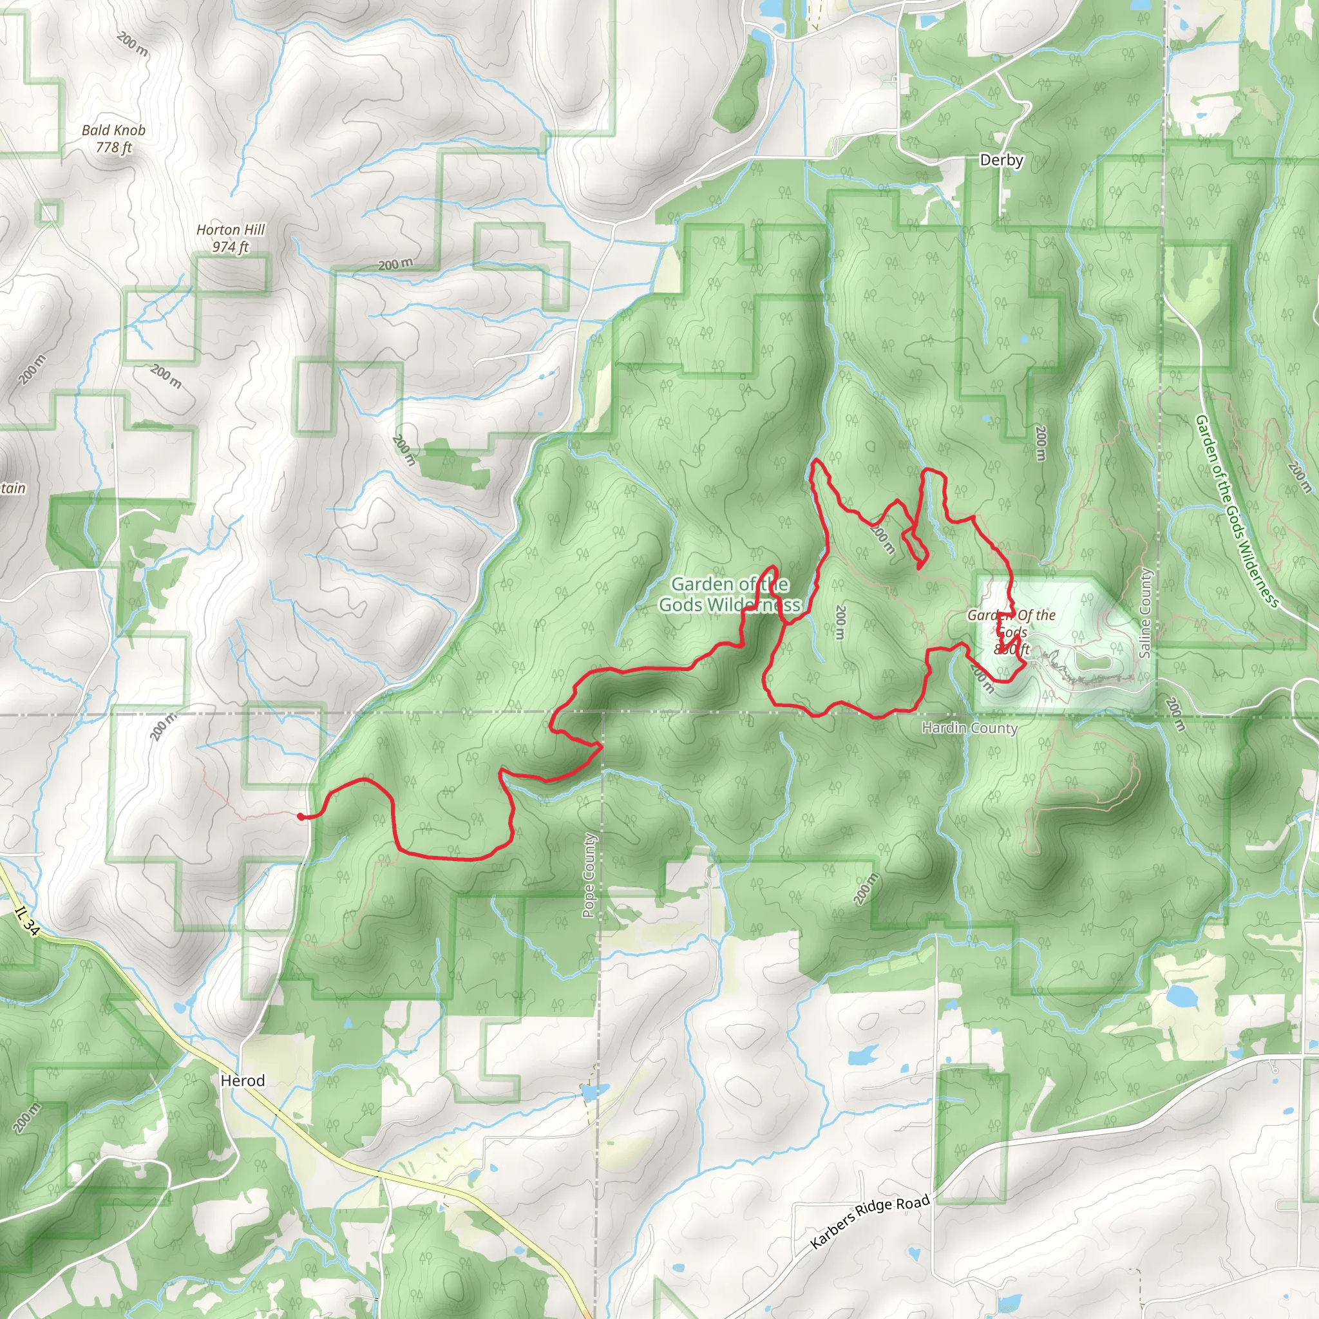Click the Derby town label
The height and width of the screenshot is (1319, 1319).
[x=1001, y=160]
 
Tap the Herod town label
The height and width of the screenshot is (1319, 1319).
[x=242, y=1080]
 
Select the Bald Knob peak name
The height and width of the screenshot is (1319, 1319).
[x=113, y=130]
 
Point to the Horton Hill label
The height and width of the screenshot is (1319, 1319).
[x=231, y=230]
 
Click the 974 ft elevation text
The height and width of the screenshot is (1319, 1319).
[x=231, y=247]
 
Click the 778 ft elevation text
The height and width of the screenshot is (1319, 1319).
[x=114, y=147]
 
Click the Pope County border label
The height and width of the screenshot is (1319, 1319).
[x=589, y=876]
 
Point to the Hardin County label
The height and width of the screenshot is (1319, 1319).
[x=969, y=728]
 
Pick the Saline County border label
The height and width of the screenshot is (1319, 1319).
[x=1145, y=613]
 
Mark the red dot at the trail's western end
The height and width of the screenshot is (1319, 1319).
[x=301, y=816]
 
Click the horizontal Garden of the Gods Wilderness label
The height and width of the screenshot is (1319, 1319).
[x=729, y=594]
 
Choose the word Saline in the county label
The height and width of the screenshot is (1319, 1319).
[x=1145, y=635]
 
